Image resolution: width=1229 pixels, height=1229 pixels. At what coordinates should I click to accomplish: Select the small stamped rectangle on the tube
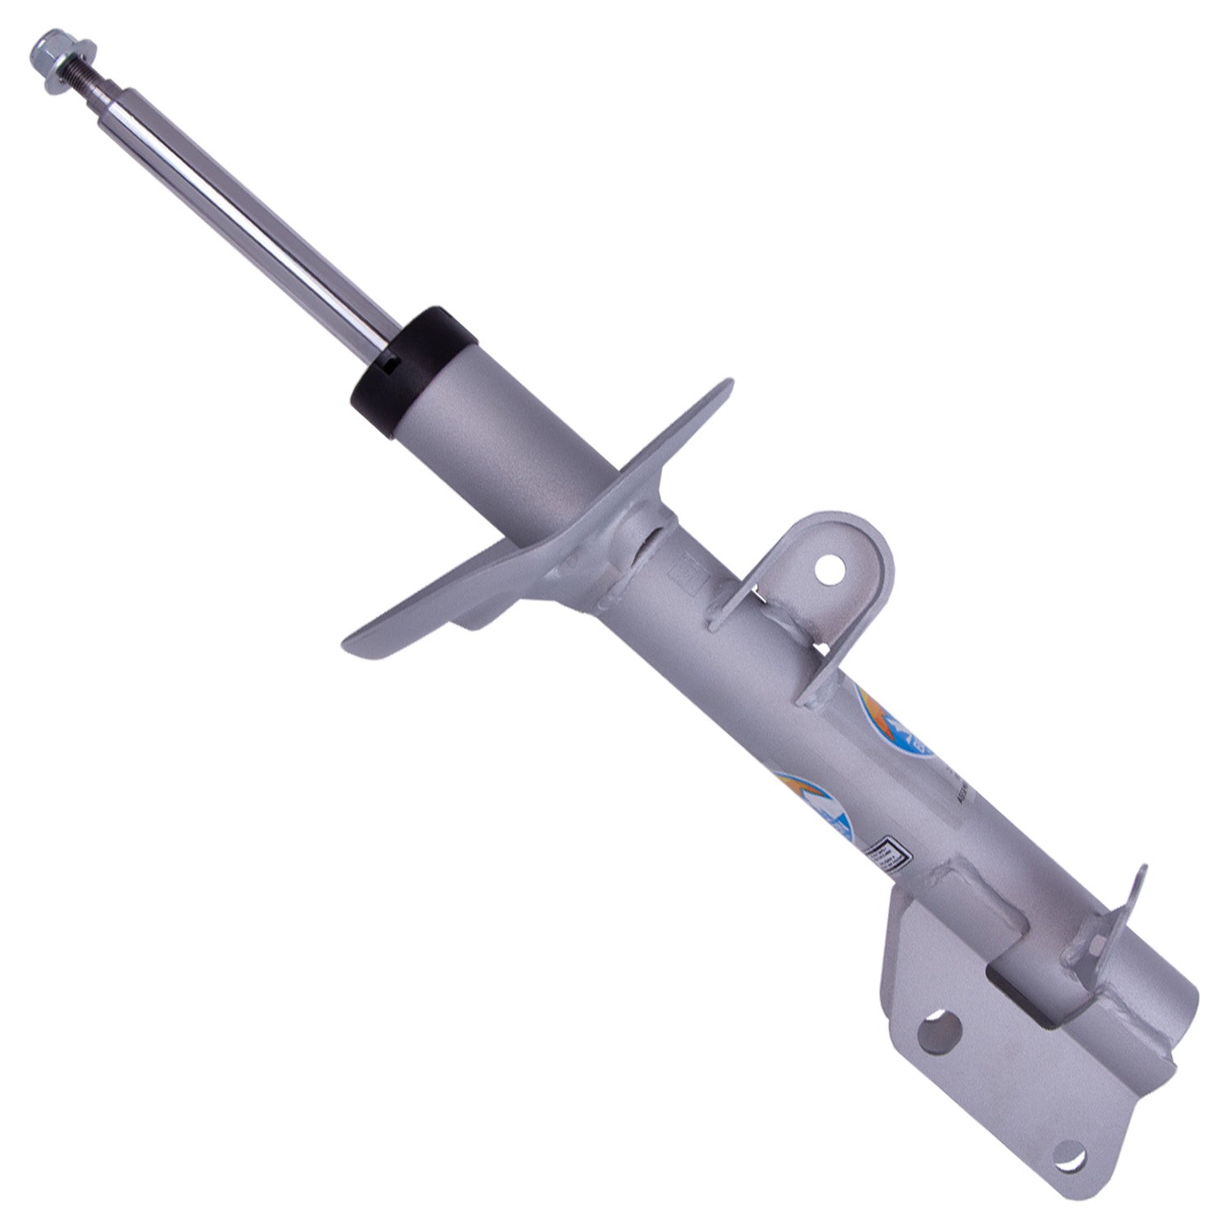pyautogui.click(x=688, y=574)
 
